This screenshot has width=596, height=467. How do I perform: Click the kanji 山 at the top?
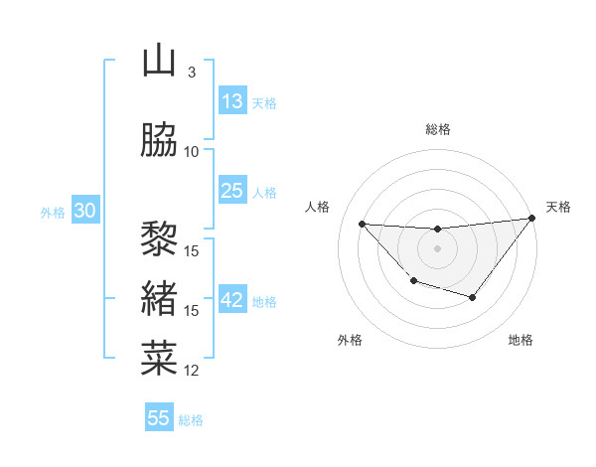(x=159, y=62)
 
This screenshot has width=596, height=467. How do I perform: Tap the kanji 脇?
(x=159, y=140)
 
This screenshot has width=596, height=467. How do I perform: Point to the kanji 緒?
(x=159, y=297)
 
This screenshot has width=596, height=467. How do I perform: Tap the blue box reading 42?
(x=232, y=301)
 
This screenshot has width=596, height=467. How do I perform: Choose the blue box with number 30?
(x=84, y=212)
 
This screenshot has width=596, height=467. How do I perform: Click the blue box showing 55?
(x=159, y=418)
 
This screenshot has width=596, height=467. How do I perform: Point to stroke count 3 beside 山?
(x=191, y=73)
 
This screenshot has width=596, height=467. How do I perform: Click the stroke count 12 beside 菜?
(x=192, y=371)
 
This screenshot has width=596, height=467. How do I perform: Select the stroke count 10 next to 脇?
(x=192, y=152)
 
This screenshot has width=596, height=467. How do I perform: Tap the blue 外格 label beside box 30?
(x=53, y=213)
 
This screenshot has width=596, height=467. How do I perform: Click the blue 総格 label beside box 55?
(x=191, y=420)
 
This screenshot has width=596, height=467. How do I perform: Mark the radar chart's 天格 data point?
(x=532, y=219)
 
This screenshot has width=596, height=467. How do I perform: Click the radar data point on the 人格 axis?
(x=362, y=224)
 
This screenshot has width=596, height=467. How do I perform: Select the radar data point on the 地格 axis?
(x=473, y=297)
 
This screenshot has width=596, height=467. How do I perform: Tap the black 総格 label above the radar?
(x=438, y=129)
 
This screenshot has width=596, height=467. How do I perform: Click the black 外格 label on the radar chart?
(x=350, y=340)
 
